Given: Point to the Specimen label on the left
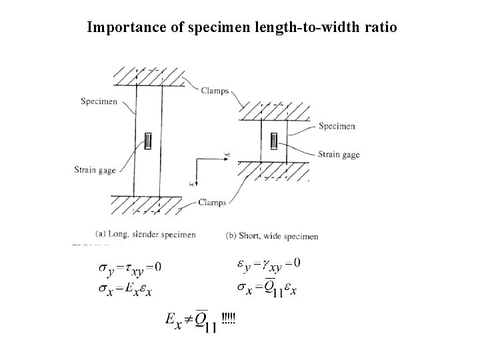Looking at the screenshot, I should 99,101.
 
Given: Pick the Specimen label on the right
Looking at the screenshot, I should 337,126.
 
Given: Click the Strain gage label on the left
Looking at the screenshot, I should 95,170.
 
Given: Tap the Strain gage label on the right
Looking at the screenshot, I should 339,155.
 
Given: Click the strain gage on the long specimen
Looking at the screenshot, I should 149,141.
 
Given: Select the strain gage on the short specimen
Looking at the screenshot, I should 274,141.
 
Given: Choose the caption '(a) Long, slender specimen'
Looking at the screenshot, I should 146,235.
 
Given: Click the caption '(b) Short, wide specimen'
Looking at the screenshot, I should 271,235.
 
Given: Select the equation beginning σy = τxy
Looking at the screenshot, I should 130,267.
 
